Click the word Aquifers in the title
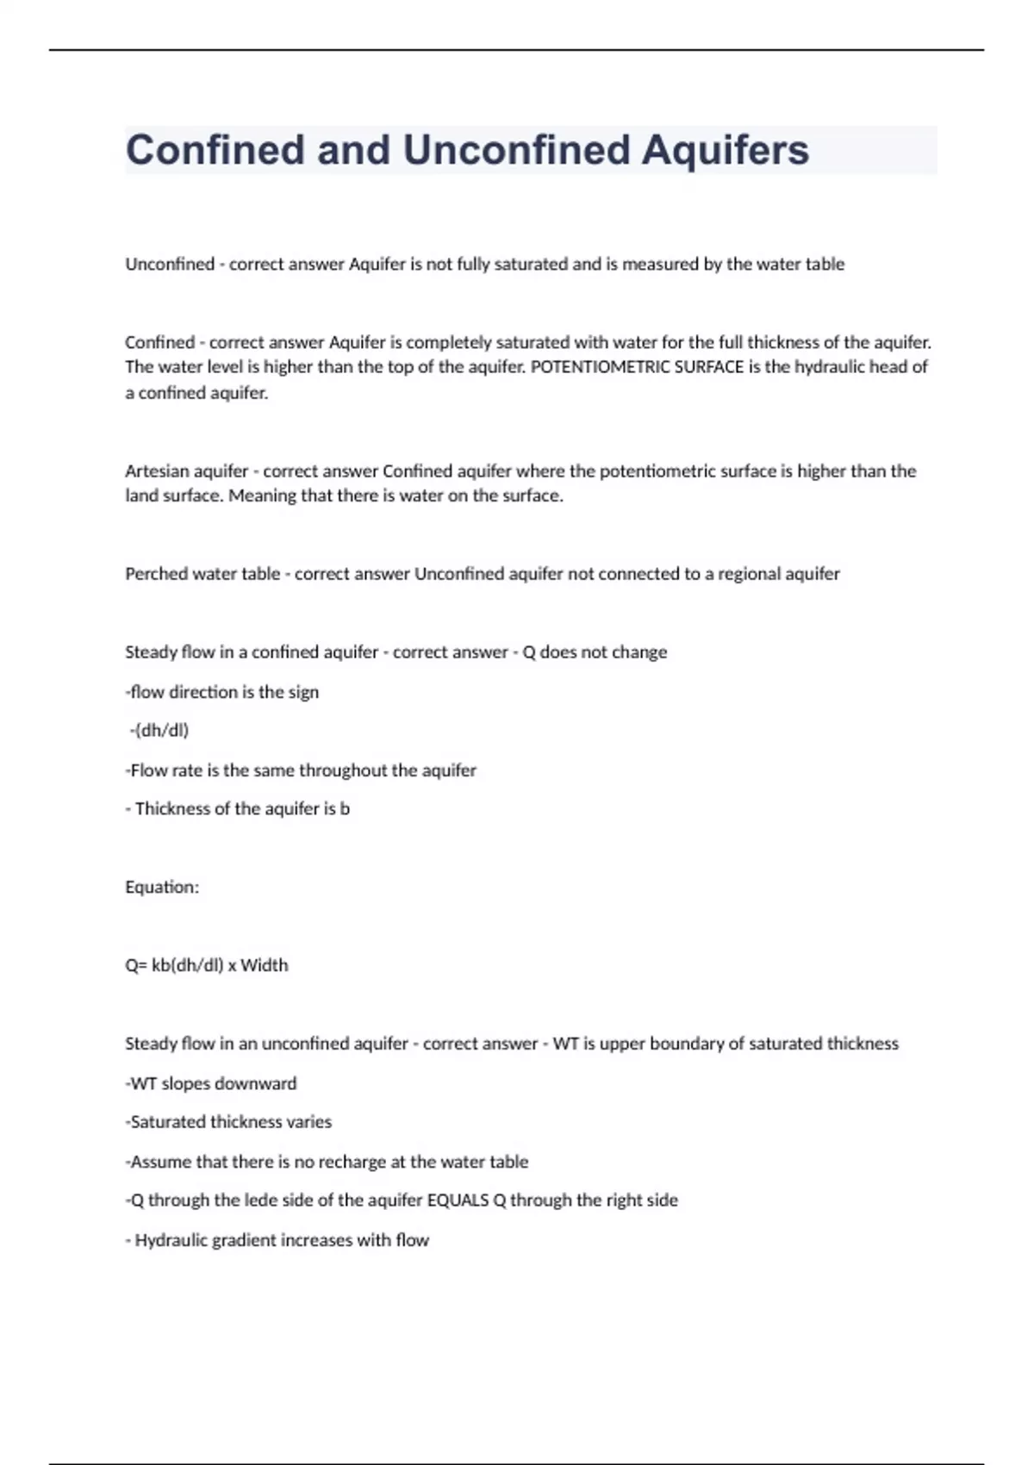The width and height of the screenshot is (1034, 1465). (725, 150)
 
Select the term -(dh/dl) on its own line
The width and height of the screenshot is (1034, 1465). (159, 731)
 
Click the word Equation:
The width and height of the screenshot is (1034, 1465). (162, 888)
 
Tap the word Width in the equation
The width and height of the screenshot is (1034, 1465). (265, 965)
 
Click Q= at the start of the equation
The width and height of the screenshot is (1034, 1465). (136, 965)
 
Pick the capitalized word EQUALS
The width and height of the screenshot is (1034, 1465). (458, 1200)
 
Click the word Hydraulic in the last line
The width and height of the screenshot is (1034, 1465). (171, 1240)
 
